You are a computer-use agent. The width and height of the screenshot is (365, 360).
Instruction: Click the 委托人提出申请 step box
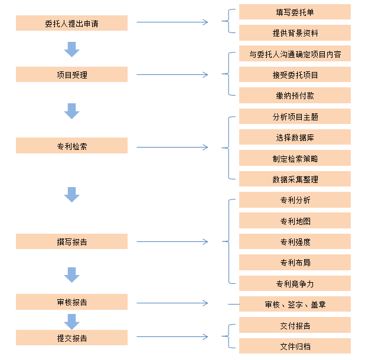(x=71, y=23)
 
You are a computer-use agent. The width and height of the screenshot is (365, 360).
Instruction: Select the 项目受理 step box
(x=71, y=74)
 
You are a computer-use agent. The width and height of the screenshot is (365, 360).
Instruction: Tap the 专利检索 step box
(x=71, y=146)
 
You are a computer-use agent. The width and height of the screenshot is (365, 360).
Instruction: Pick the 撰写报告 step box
(x=71, y=241)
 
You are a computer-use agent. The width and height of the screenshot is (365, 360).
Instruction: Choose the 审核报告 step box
(x=71, y=302)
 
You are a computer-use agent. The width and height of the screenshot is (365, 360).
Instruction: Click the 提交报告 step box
(x=71, y=338)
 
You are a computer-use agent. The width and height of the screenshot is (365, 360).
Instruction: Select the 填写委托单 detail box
(x=295, y=12)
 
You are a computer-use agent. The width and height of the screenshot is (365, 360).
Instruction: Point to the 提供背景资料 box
(x=295, y=32)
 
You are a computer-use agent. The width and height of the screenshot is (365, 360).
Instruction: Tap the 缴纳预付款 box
(x=295, y=96)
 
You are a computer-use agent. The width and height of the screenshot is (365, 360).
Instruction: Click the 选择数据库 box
(x=295, y=137)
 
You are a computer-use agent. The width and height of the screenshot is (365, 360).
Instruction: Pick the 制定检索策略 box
(x=295, y=158)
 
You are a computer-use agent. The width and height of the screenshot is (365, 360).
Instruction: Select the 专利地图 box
(x=295, y=221)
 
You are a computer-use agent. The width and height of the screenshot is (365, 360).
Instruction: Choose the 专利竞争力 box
(x=295, y=283)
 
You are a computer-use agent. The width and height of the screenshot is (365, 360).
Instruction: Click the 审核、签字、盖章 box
(x=295, y=305)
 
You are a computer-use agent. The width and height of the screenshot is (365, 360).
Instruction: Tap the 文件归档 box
(x=295, y=346)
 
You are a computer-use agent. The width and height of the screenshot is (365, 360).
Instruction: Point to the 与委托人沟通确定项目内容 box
(x=295, y=54)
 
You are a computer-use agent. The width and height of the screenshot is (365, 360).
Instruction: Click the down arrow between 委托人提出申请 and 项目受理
(x=71, y=50)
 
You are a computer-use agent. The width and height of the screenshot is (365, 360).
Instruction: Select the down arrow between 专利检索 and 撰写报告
(x=71, y=195)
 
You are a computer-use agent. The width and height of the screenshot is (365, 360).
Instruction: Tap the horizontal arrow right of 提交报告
(x=172, y=337)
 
